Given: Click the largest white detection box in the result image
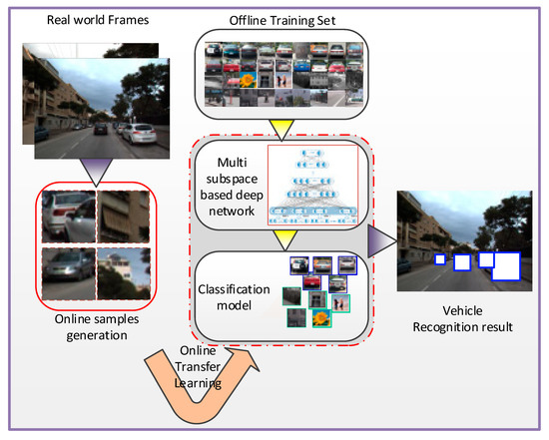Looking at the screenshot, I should tap(504, 266).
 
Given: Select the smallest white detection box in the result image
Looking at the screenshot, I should tap(439, 259).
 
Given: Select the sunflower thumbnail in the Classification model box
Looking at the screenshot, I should tap(320, 319).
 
